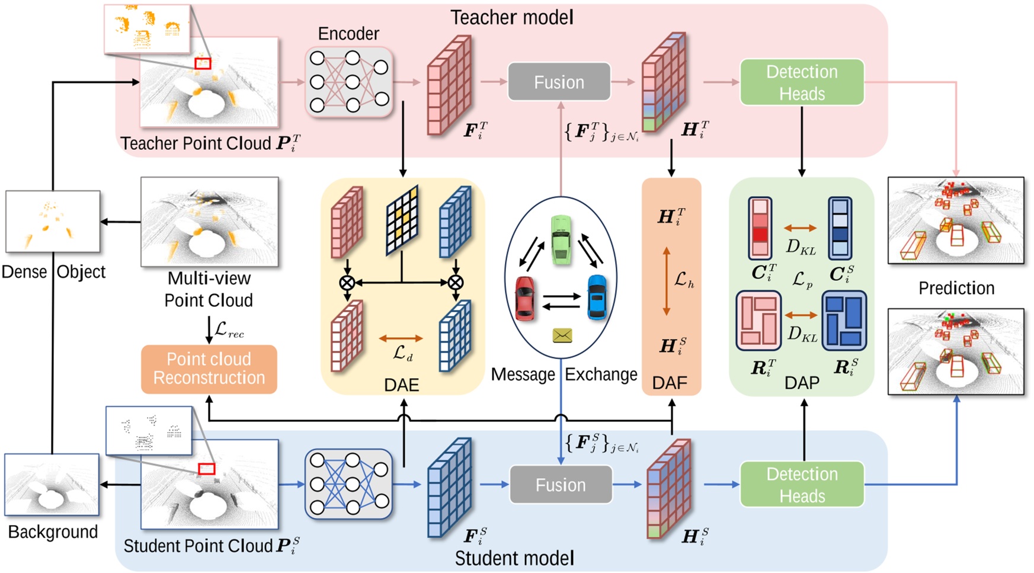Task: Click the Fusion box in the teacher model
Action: (x=559, y=82)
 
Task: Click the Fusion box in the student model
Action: (x=560, y=485)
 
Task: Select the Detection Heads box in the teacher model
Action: (x=802, y=82)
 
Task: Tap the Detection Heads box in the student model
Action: (x=802, y=485)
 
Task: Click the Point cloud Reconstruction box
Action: (x=209, y=369)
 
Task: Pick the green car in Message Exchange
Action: (x=561, y=239)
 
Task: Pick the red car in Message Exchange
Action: (x=525, y=298)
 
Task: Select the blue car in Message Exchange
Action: (x=597, y=297)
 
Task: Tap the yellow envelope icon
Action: (x=562, y=336)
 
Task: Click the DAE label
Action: (x=401, y=385)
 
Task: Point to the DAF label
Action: (x=670, y=383)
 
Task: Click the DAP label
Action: (x=802, y=383)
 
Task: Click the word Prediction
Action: (x=956, y=288)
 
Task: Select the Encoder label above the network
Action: (x=348, y=34)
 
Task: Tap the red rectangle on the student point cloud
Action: (x=206, y=469)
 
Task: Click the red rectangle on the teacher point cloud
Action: (x=203, y=63)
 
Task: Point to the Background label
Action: (x=53, y=532)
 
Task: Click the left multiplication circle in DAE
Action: (x=347, y=283)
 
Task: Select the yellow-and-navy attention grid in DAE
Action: (x=402, y=220)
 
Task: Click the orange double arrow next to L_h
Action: (x=666, y=281)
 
